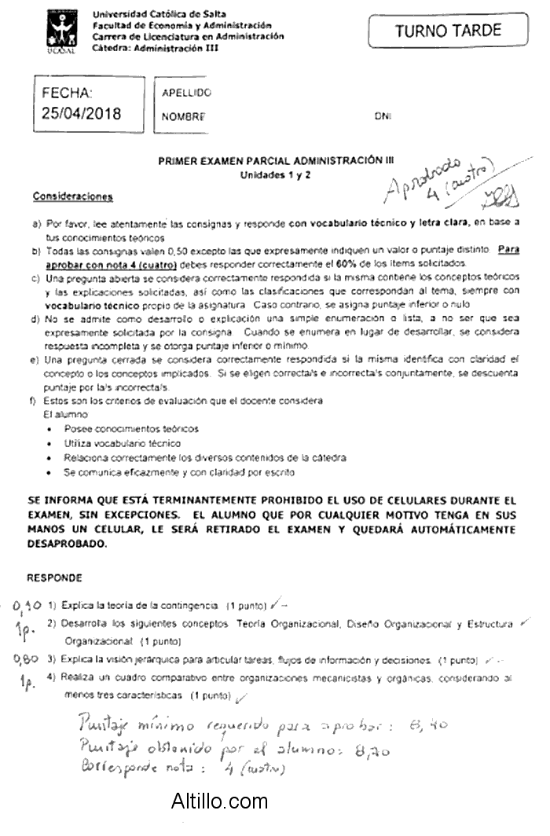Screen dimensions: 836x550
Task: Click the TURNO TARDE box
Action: pos(448,31)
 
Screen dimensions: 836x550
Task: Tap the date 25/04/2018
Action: pos(82,113)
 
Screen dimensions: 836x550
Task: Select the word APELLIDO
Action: pos(186,93)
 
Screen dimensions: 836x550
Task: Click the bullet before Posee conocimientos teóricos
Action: pos(49,430)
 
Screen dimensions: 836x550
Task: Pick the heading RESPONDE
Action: pos(54,577)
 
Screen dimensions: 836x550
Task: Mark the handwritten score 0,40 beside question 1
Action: pos(27,606)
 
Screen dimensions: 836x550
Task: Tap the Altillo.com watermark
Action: pos(219,801)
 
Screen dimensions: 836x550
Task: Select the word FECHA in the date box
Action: pos(67,93)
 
